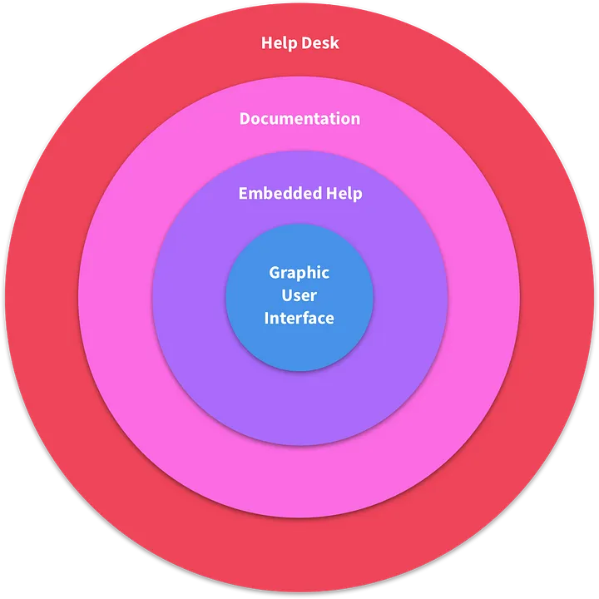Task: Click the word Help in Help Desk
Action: pos(278,42)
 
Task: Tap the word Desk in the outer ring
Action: pos(320,42)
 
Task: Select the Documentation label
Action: pos(299,118)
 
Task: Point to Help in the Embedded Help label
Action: pos(344,194)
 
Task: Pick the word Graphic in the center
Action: pos(299,273)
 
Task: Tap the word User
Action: pos(299,295)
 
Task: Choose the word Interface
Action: pos(299,318)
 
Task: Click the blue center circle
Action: pos(299,349)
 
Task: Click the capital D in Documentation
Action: pos(245,118)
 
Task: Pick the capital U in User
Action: pos(287,295)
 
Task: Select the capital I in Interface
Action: pos(267,318)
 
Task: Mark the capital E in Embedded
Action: pos(243,193)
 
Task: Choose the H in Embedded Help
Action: pos(331,193)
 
